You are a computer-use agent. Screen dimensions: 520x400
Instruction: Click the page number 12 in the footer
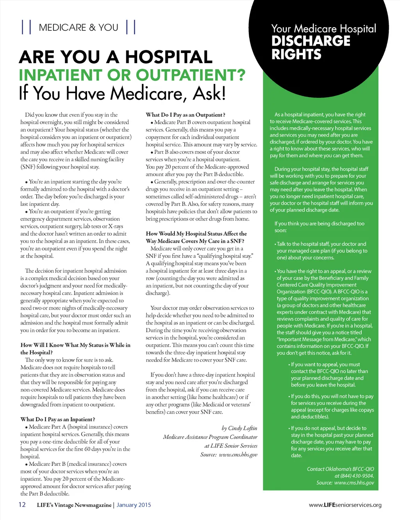(22, 504)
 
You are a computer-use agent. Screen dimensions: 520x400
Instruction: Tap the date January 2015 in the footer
(134, 505)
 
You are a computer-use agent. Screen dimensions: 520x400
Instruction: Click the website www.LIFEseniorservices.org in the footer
(345, 505)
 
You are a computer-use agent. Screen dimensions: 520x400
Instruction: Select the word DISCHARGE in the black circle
(311, 41)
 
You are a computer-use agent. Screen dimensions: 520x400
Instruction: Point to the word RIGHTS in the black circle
(296, 54)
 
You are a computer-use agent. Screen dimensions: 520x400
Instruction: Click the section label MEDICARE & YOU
(79, 28)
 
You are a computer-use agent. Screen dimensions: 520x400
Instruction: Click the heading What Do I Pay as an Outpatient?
(185, 115)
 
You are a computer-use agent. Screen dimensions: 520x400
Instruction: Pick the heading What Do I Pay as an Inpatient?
(58, 419)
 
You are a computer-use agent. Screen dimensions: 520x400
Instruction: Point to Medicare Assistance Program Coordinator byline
(210, 437)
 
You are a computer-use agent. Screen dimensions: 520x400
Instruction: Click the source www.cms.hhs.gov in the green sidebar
(354, 483)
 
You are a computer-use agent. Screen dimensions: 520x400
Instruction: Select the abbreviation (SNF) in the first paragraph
(27, 167)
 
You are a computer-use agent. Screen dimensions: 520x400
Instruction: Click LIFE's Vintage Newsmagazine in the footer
(74, 505)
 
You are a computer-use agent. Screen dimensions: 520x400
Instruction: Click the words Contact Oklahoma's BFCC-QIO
(340, 469)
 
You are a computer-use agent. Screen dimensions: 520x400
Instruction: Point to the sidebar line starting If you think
(319, 224)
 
